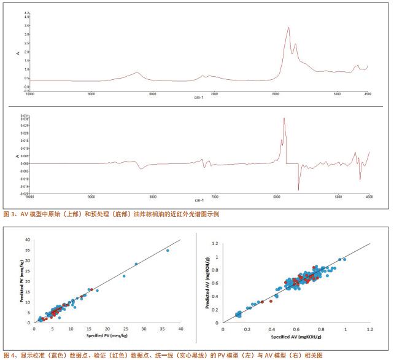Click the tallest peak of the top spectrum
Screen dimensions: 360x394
point(288,27)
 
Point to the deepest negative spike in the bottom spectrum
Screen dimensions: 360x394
point(298,190)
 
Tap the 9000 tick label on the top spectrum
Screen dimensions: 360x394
point(91,94)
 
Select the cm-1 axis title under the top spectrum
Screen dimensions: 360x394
point(198,98)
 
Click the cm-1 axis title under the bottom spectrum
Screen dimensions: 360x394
point(198,200)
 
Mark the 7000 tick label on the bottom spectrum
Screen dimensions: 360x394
point(214,197)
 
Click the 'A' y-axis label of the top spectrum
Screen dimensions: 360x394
point(18,53)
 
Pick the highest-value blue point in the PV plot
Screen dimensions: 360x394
point(168,251)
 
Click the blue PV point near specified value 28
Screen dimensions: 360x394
point(136,264)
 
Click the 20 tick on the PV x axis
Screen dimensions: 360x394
point(107,329)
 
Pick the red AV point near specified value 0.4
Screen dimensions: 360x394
point(271,301)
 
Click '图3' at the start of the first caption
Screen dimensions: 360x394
point(9,214)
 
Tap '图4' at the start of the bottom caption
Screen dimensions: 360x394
point(9,355)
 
